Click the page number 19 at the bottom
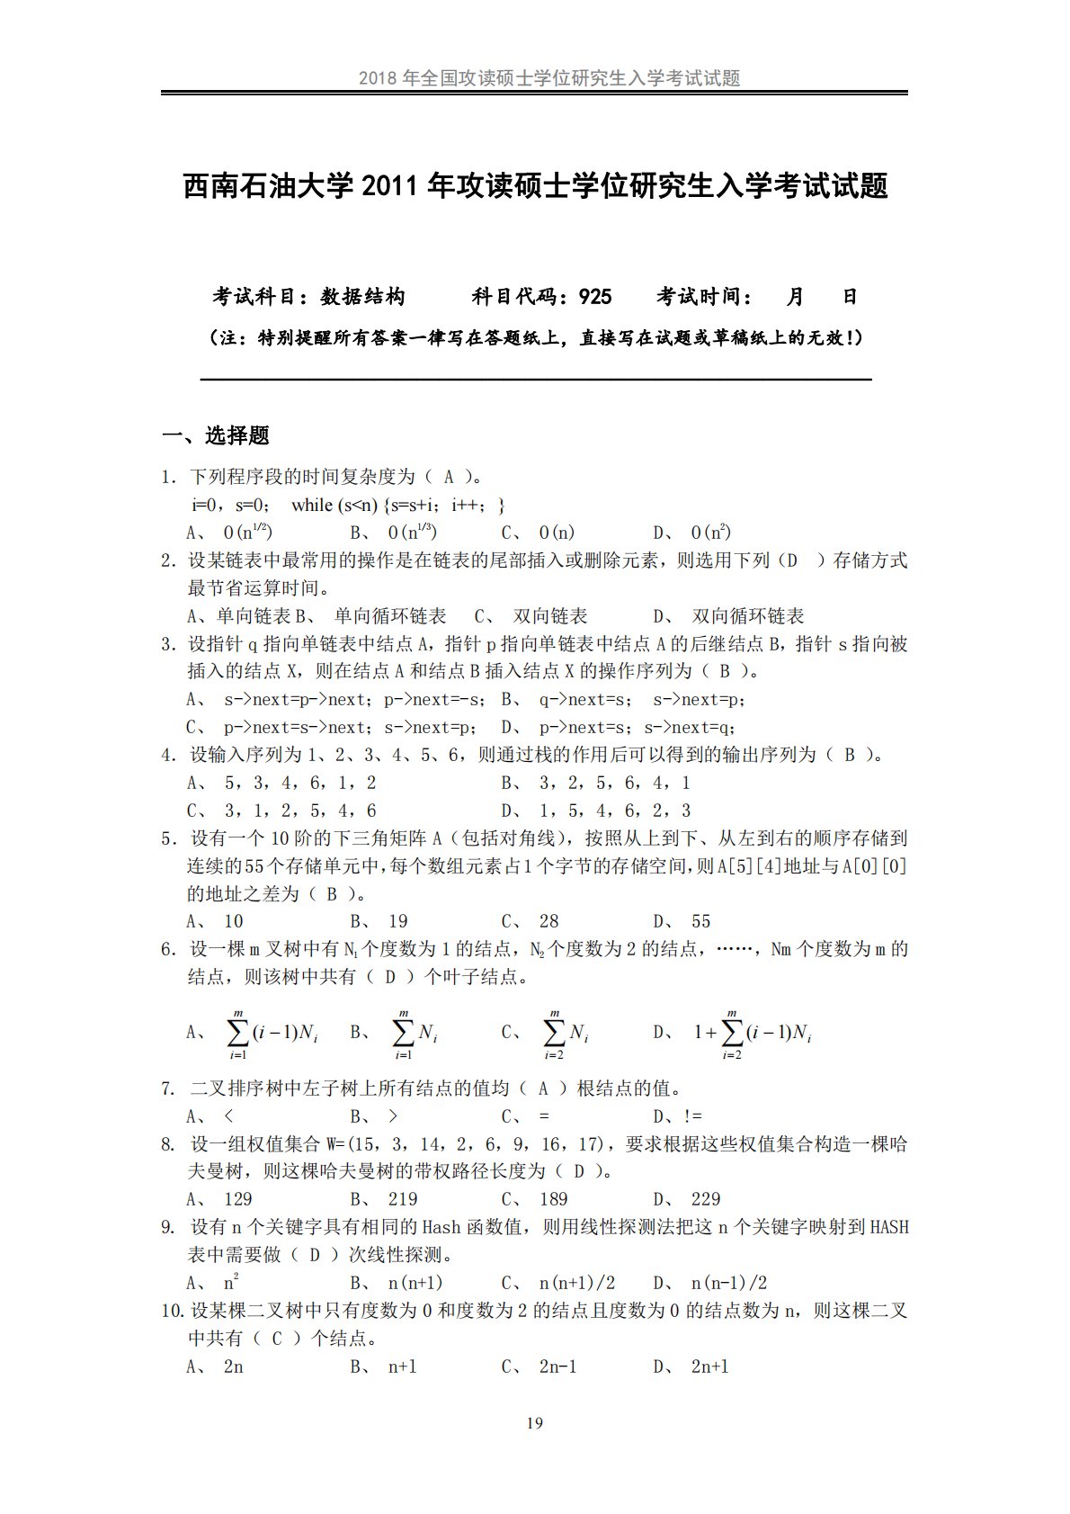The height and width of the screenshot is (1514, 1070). point(534,1422)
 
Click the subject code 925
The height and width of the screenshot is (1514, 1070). point(595,297)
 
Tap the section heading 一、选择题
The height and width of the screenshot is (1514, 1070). point(216,436)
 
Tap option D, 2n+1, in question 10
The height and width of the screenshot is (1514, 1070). point(709,1366)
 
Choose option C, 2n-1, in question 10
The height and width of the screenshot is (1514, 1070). point(557,1366)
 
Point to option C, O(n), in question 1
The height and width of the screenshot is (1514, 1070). point(557,533)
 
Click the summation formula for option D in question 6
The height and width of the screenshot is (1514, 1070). point(753,1033)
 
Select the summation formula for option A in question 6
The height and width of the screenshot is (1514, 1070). point(272,1033)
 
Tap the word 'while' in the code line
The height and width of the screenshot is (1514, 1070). point(312,505)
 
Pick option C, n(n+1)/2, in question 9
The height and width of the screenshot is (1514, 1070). point(576,1283)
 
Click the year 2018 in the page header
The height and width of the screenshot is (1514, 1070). point(377,78)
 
